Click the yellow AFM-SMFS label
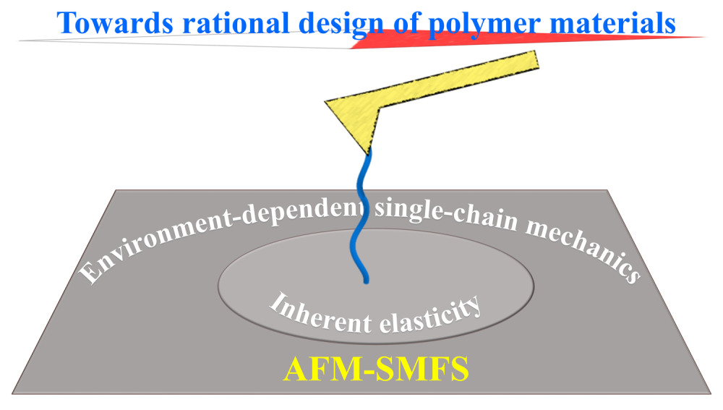[376, 369]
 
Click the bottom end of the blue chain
[365, 280]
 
